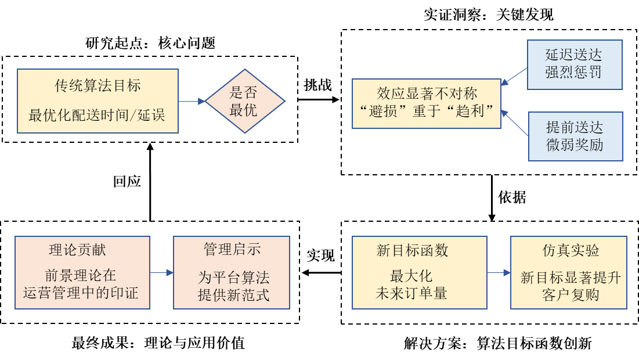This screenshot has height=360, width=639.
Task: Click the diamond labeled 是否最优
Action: (x=245, y=101)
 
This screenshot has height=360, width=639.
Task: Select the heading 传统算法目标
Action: (x=98, y=87)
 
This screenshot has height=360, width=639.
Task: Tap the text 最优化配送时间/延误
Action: (x=98, y=115)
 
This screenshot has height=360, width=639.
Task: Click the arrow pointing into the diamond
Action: (x=192, y=101)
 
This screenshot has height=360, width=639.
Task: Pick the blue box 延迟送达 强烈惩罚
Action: (x=574, y=64)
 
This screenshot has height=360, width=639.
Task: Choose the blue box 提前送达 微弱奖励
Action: (x=575, y=136)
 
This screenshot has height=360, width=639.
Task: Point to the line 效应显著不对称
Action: (x=427, y=93)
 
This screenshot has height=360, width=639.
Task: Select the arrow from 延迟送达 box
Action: (x=514, y=76)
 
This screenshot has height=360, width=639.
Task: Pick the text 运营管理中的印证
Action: (x=81, y=293)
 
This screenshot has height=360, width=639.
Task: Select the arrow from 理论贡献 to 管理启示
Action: (x=161, y=272)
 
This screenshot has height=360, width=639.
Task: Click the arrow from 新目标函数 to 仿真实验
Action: (x=499, y=272)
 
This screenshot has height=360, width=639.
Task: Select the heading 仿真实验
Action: (x=568, y=250)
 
